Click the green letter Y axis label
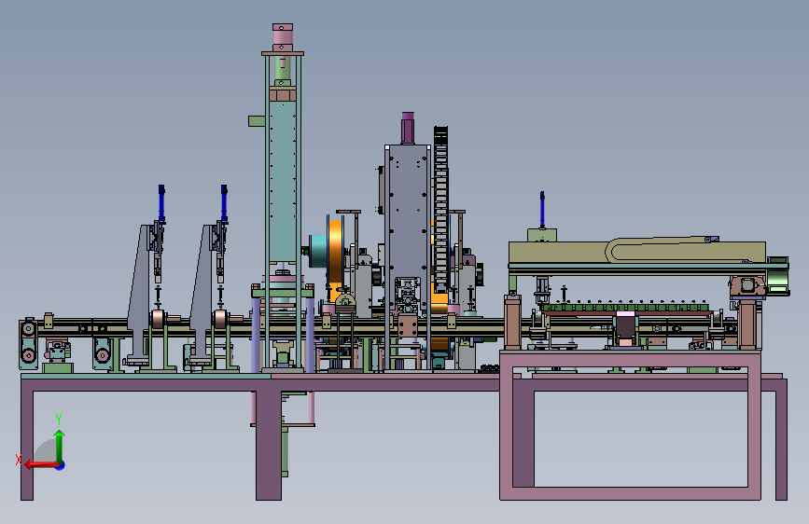tap(59, 419)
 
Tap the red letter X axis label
tap(19, 460)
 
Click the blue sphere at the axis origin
tap(60, 465)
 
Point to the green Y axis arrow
tap(60, 446)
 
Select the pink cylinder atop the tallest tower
tap(283, 37)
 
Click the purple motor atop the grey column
tap(408, 128)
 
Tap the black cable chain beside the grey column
tap(440, 209)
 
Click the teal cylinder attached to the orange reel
tap(318, 251)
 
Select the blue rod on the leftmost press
tap(161, 202)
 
